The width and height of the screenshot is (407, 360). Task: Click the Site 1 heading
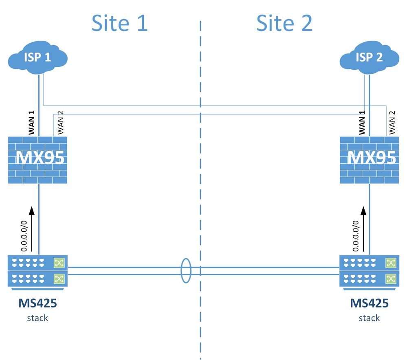(119, 23)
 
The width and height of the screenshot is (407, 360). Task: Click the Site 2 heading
(284, 23)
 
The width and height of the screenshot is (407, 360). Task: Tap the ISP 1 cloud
(37, 58)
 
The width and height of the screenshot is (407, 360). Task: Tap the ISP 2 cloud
(370, 58)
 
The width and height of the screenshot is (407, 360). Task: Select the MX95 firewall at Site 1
(37, 159)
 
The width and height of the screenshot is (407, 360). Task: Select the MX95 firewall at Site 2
(370, 159)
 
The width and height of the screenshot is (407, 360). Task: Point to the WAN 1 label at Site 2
(362, 123)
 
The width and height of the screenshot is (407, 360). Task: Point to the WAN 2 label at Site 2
(392, 123)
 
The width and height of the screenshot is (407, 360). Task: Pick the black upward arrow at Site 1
(31, 226)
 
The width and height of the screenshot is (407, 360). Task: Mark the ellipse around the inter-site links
(186, 270)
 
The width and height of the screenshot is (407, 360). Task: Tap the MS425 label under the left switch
(37, 304)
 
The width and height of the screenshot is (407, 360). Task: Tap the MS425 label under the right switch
(369, 304)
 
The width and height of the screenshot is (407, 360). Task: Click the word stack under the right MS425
(369, 318)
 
